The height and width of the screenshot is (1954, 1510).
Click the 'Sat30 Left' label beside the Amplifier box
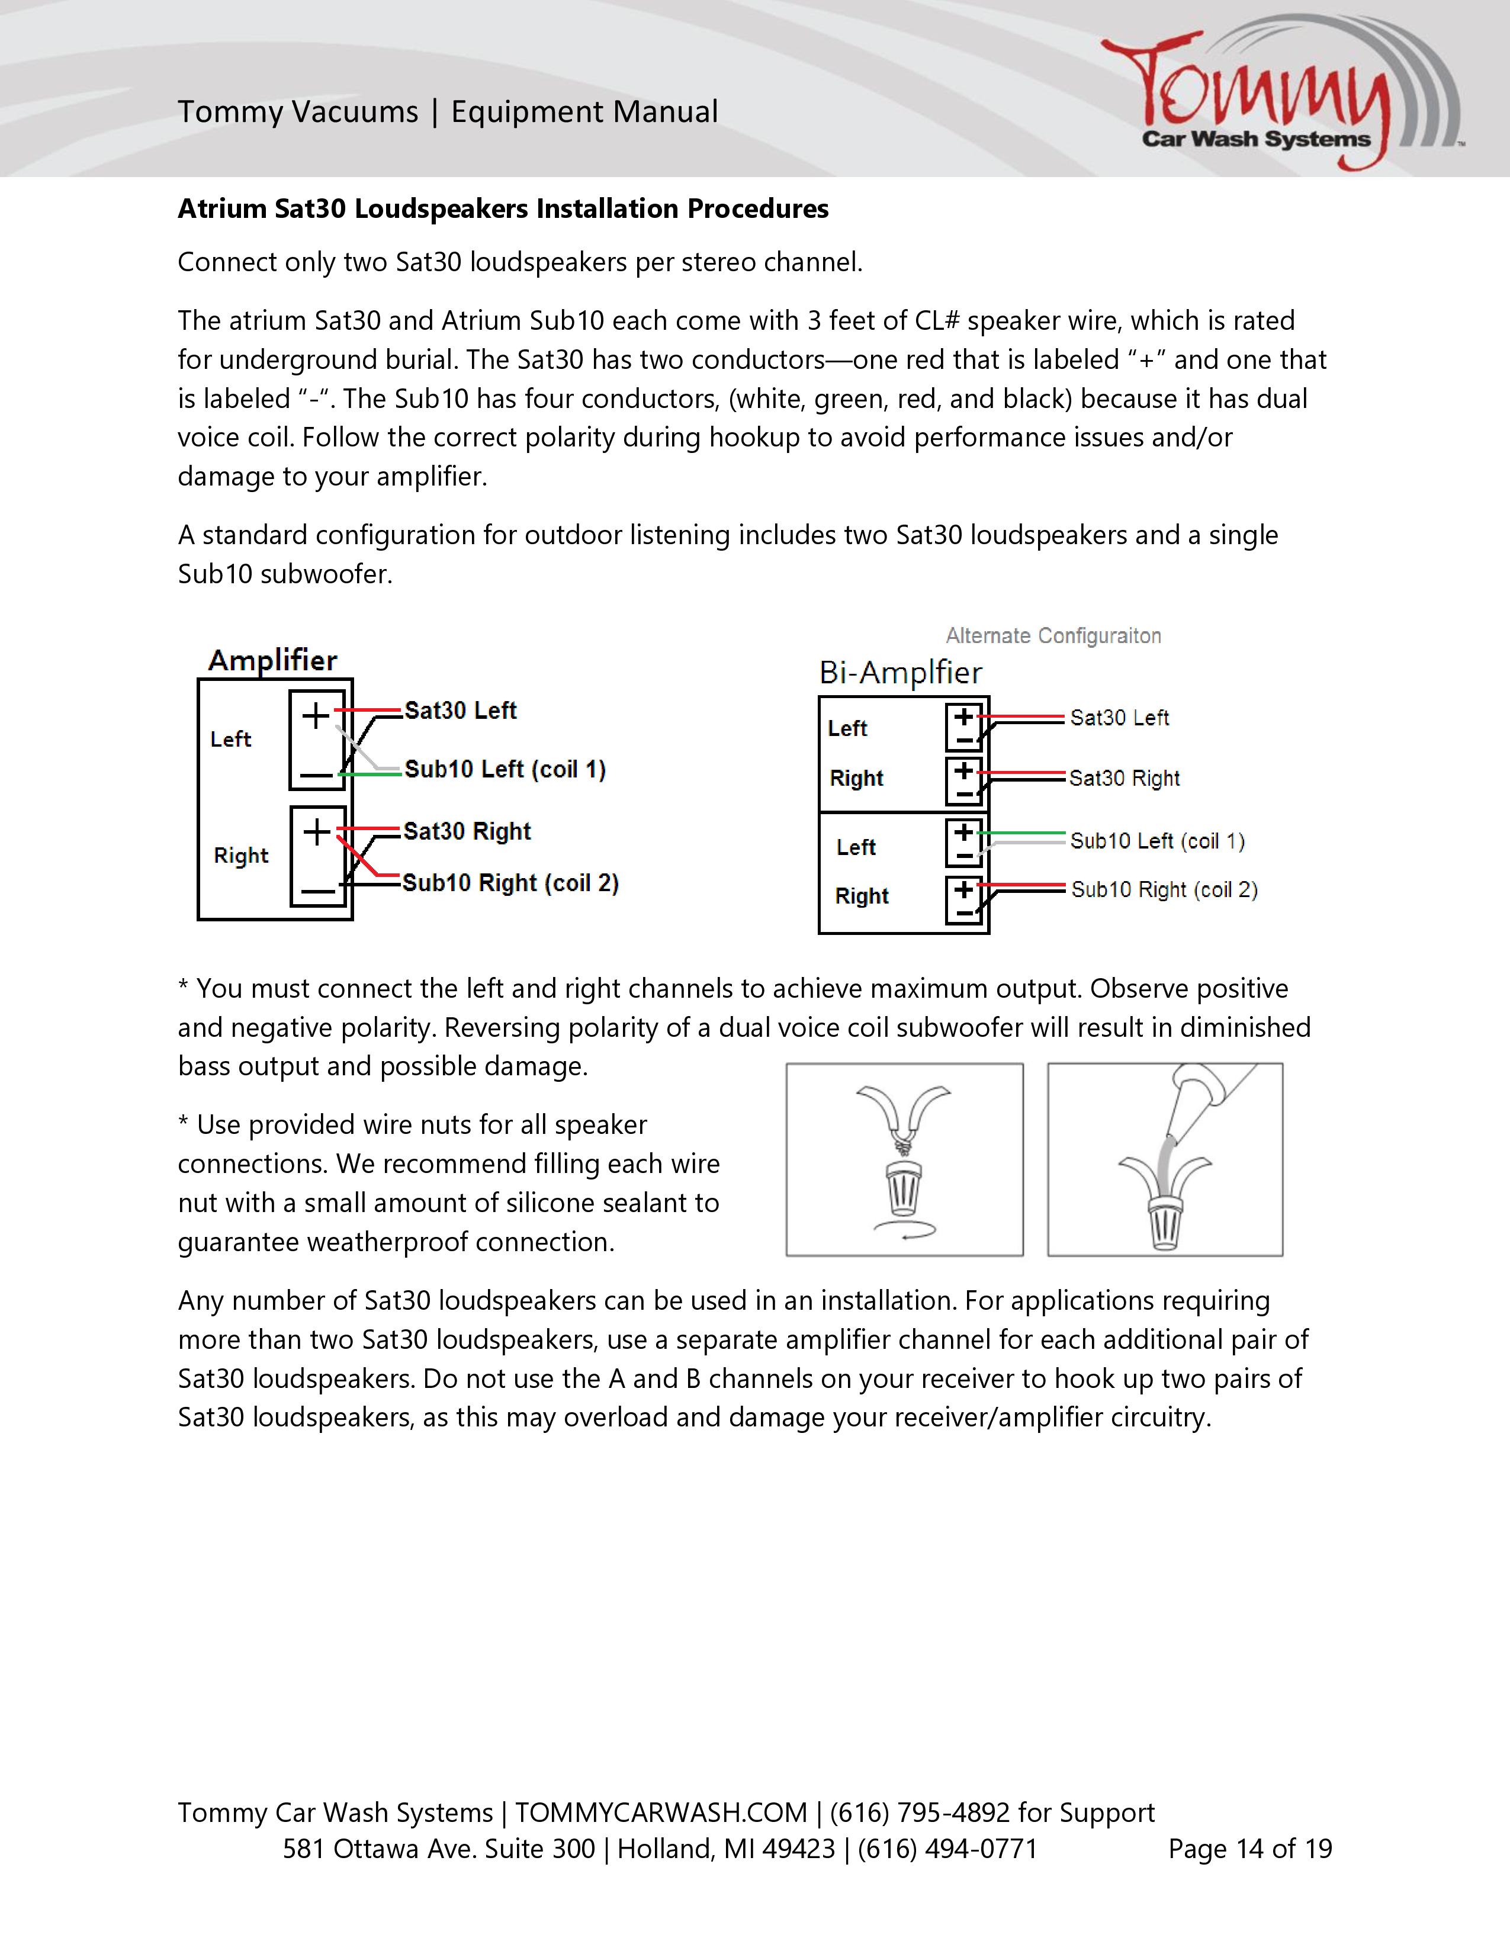[x=460, y=711]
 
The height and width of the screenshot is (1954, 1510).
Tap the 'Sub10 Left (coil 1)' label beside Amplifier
[x=505, y=769]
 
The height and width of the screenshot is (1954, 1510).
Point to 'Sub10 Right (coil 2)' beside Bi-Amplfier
[x=1164, y=889]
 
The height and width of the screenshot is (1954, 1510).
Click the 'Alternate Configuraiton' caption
[x=1053, y=636]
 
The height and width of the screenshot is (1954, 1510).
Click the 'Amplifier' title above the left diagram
[x=272, y=660]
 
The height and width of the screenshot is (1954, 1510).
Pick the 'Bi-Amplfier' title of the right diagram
[x=900, y=673]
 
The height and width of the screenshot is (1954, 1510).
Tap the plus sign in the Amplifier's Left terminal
[x=315, y=716]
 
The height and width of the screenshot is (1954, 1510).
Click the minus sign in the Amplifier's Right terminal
[x=317, y=890]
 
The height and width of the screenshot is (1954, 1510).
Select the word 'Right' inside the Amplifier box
[x=240, y=856]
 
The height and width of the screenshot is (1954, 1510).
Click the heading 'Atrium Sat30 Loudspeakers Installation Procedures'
[x=503, y=208]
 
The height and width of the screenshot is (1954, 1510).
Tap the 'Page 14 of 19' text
[x=1249, y=1849]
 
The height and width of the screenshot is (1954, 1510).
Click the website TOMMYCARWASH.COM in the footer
[x=660, y=1812]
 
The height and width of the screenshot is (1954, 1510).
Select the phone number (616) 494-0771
[x=947, y=1849]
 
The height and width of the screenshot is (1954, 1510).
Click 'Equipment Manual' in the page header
[x=584, y=112]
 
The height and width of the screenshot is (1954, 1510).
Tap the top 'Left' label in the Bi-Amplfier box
[x=847, y=728]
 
